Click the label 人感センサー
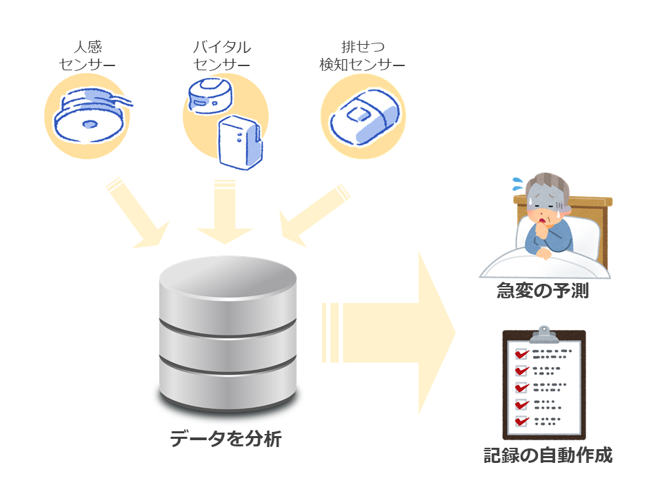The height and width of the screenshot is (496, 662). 87,55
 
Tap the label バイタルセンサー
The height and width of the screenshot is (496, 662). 221,55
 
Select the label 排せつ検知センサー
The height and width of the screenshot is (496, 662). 362,55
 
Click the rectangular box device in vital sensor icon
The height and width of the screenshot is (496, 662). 240,143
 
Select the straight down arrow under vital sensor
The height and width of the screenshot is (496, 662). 225,212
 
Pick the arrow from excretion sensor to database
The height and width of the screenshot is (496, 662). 314,216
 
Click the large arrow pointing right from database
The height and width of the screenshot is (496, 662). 388,333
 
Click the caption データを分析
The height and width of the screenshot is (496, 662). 225,439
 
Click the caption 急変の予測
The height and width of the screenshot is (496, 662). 543,291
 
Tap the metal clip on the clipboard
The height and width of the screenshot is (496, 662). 544,335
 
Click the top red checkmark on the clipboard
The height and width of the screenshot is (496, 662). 522,353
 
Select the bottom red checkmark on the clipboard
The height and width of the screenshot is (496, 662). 522,421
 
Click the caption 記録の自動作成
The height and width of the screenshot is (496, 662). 548,455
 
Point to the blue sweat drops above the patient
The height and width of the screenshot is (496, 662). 518,183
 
